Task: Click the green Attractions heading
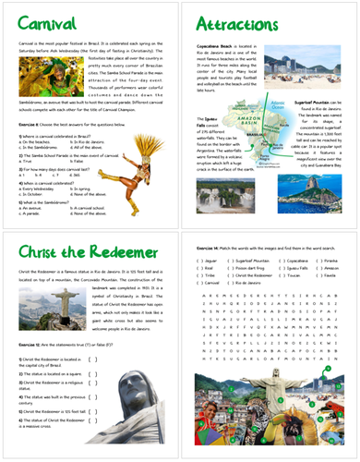pyautogui.click(x=232, y=21)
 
